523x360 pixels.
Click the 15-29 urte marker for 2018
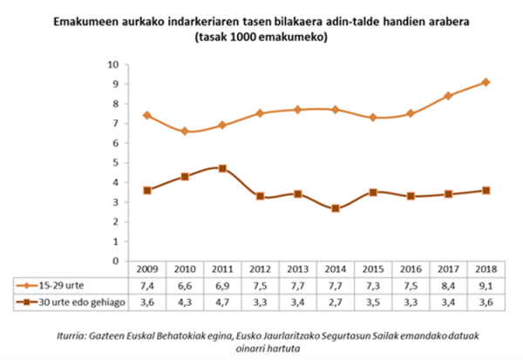[486, 82]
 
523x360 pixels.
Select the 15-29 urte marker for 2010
[185, 131]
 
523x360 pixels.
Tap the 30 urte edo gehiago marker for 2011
[222, 168]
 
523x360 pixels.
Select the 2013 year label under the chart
[298, 270]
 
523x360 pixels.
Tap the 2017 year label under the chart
[448, 270]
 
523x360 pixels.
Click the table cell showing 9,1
[486, 284]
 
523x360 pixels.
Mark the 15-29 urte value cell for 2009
[147, 284]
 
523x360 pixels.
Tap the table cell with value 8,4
[448, 284]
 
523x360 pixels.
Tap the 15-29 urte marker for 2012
[260, 113]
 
